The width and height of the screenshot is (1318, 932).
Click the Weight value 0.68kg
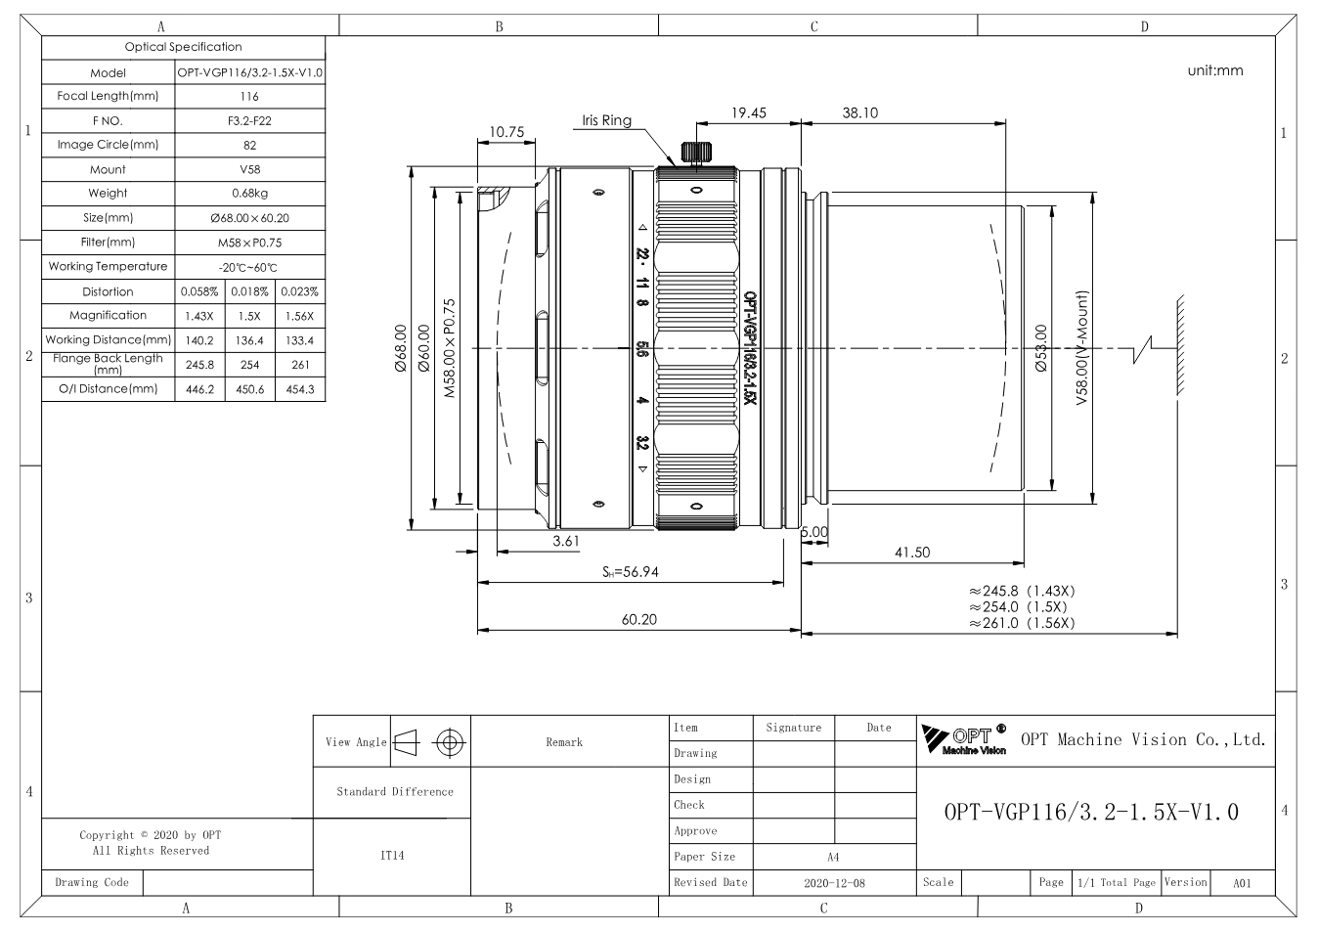tap(249, 193)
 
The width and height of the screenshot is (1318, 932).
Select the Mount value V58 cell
tap(250, 169)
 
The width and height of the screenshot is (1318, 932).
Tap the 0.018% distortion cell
tap(249, 291)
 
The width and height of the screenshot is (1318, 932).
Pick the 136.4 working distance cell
tap(249, 340)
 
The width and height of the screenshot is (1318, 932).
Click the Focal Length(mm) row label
tap(108, 96)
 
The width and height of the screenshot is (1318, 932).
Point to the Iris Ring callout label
tap(606, 120)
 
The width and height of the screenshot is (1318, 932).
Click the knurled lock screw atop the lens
tap(696, 152)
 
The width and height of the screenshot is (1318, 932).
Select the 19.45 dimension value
tap(748, 112)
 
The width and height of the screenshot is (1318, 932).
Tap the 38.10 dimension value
tap(859, 112)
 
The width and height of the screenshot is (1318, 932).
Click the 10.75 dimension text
tap(506, 132)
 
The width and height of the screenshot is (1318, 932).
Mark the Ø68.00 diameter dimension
tap(400, 348)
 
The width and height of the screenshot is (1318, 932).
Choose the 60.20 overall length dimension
tap(639, 619)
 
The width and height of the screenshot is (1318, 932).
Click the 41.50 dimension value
tap(912, 552)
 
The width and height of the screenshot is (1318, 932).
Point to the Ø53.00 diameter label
tap(1041, 348)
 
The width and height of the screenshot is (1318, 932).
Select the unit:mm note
tap(1215, 70)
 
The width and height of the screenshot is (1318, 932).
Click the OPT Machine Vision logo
tap(964, 739)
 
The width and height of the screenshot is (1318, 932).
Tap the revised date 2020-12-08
tap(834, 882)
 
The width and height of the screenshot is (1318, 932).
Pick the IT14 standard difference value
tap(392, 856)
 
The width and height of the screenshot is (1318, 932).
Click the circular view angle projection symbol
tap(449, 742)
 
